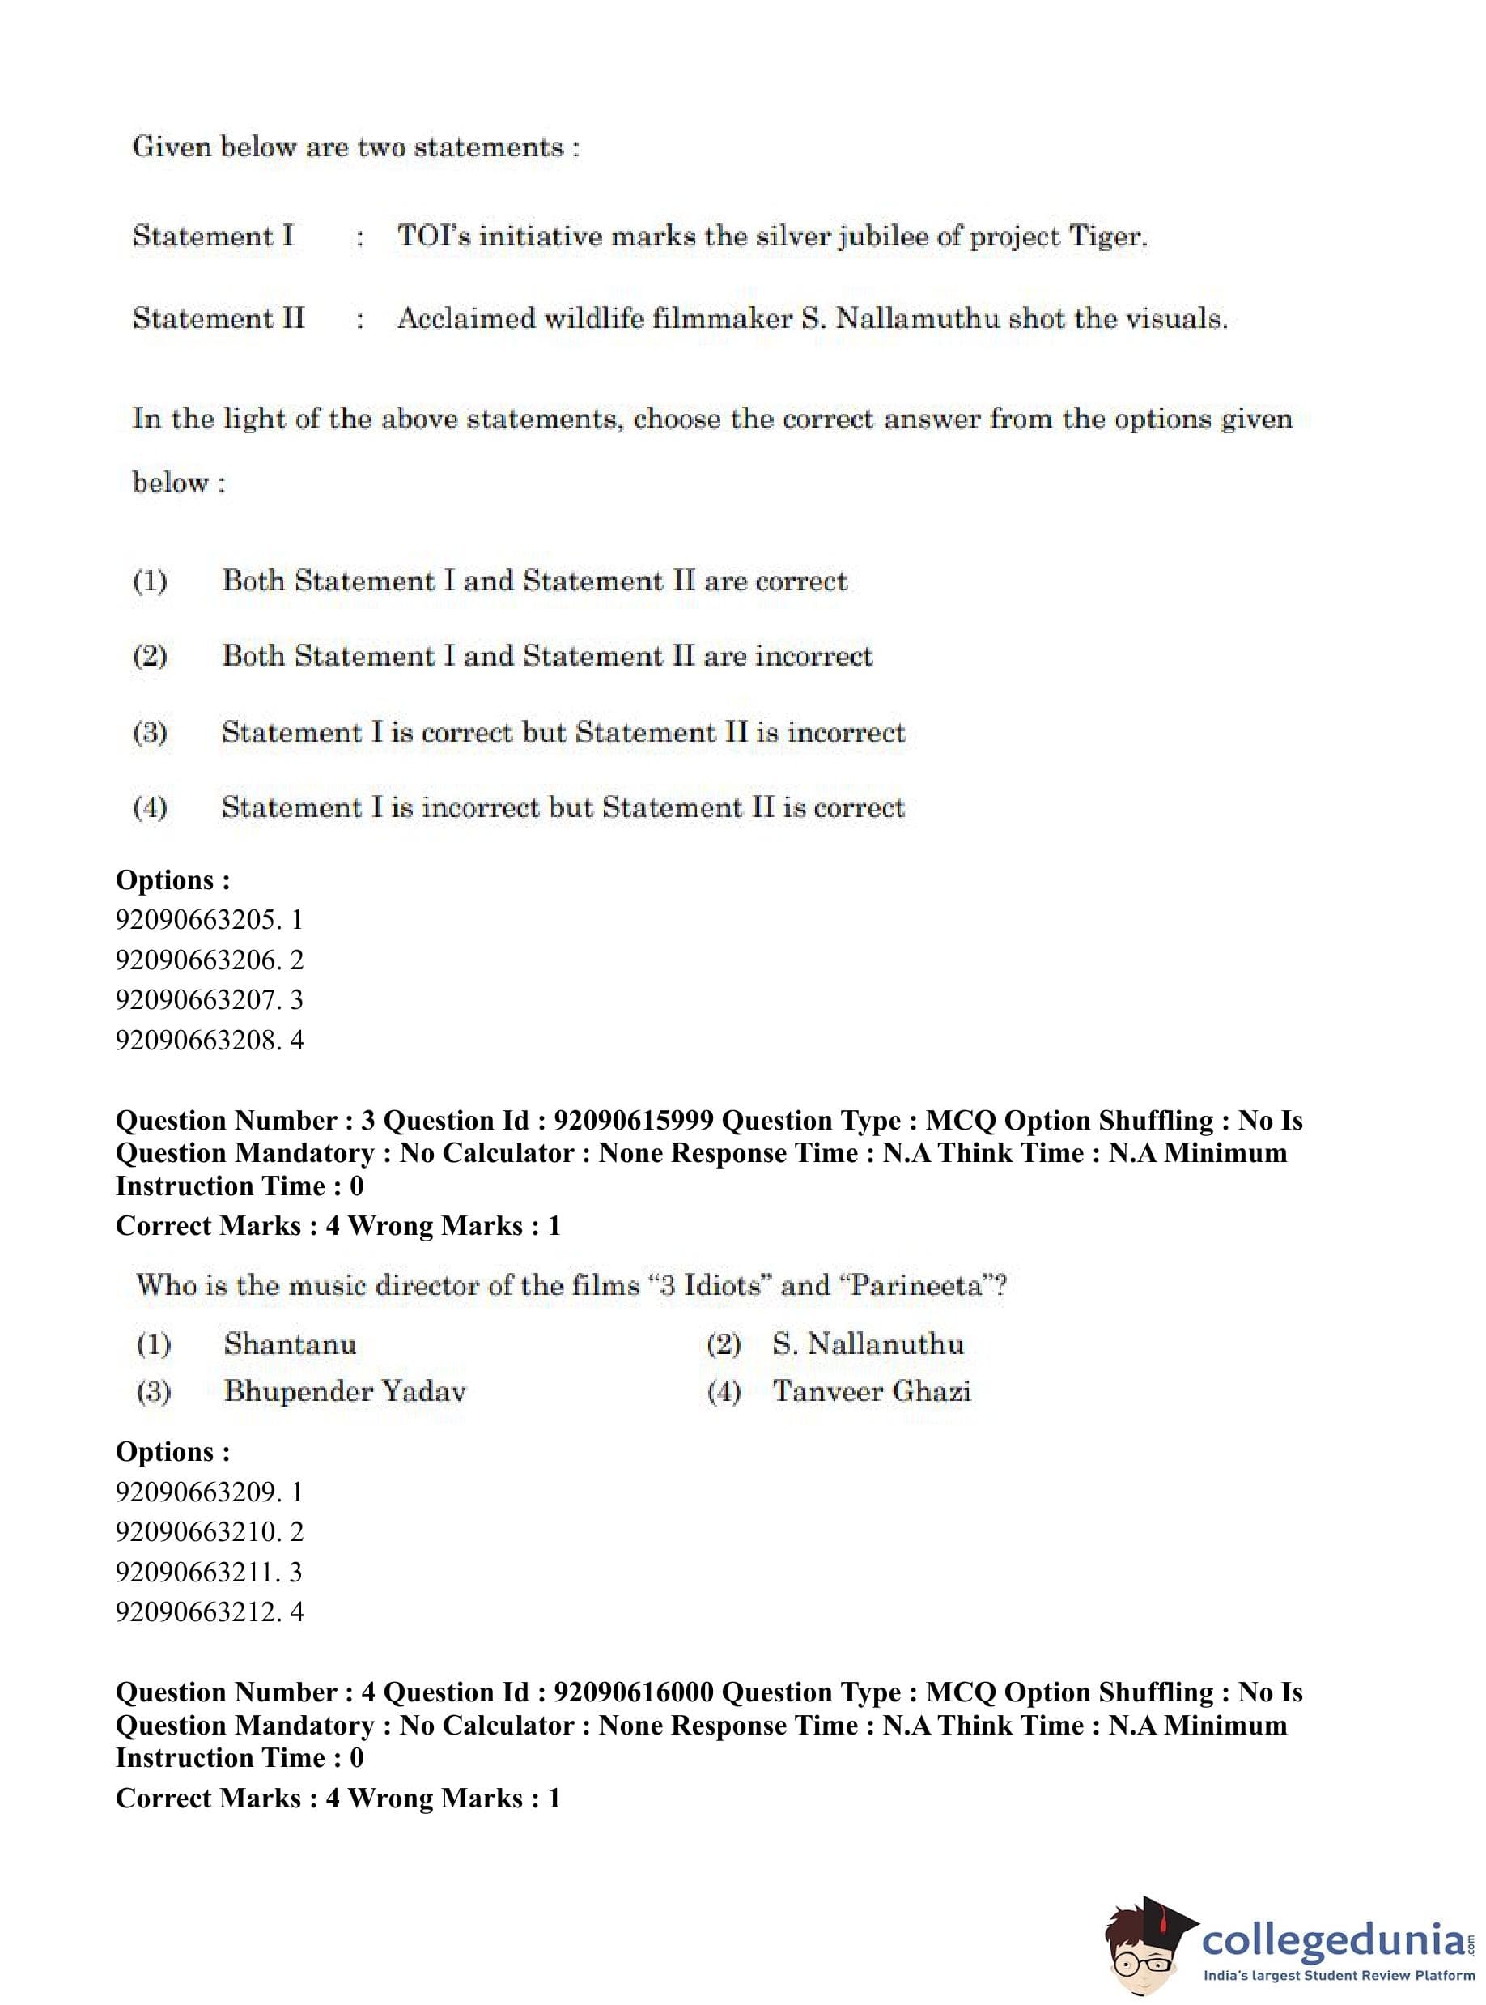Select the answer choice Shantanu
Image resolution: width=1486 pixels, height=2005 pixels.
[290, 1343]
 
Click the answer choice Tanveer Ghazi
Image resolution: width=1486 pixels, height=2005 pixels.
[872, 1391]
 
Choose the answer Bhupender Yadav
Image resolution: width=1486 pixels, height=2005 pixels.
[345, 1391]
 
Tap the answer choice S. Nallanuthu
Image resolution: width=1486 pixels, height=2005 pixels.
[867, 1343]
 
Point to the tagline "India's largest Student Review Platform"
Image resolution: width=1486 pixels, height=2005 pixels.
[1339, 1975]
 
